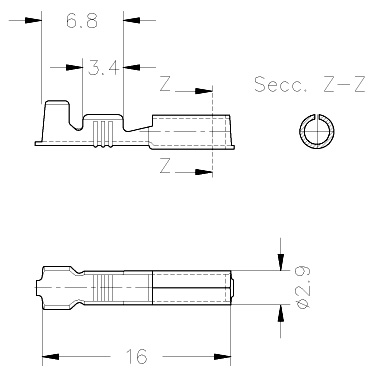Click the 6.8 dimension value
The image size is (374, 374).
coord(82,21)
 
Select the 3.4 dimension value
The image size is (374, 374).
coord(103,68)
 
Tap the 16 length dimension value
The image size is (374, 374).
coord(136,356)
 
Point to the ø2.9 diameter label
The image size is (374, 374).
coord(303,287)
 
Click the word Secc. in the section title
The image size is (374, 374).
coord(280,84)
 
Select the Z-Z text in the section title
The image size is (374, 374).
coord(344,84)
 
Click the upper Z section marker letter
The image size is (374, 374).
coord(165,84)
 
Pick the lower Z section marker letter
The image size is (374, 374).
coord(165,166)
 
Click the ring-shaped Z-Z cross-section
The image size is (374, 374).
coord(304,131)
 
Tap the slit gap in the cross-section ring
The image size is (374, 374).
coord(317,117)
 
